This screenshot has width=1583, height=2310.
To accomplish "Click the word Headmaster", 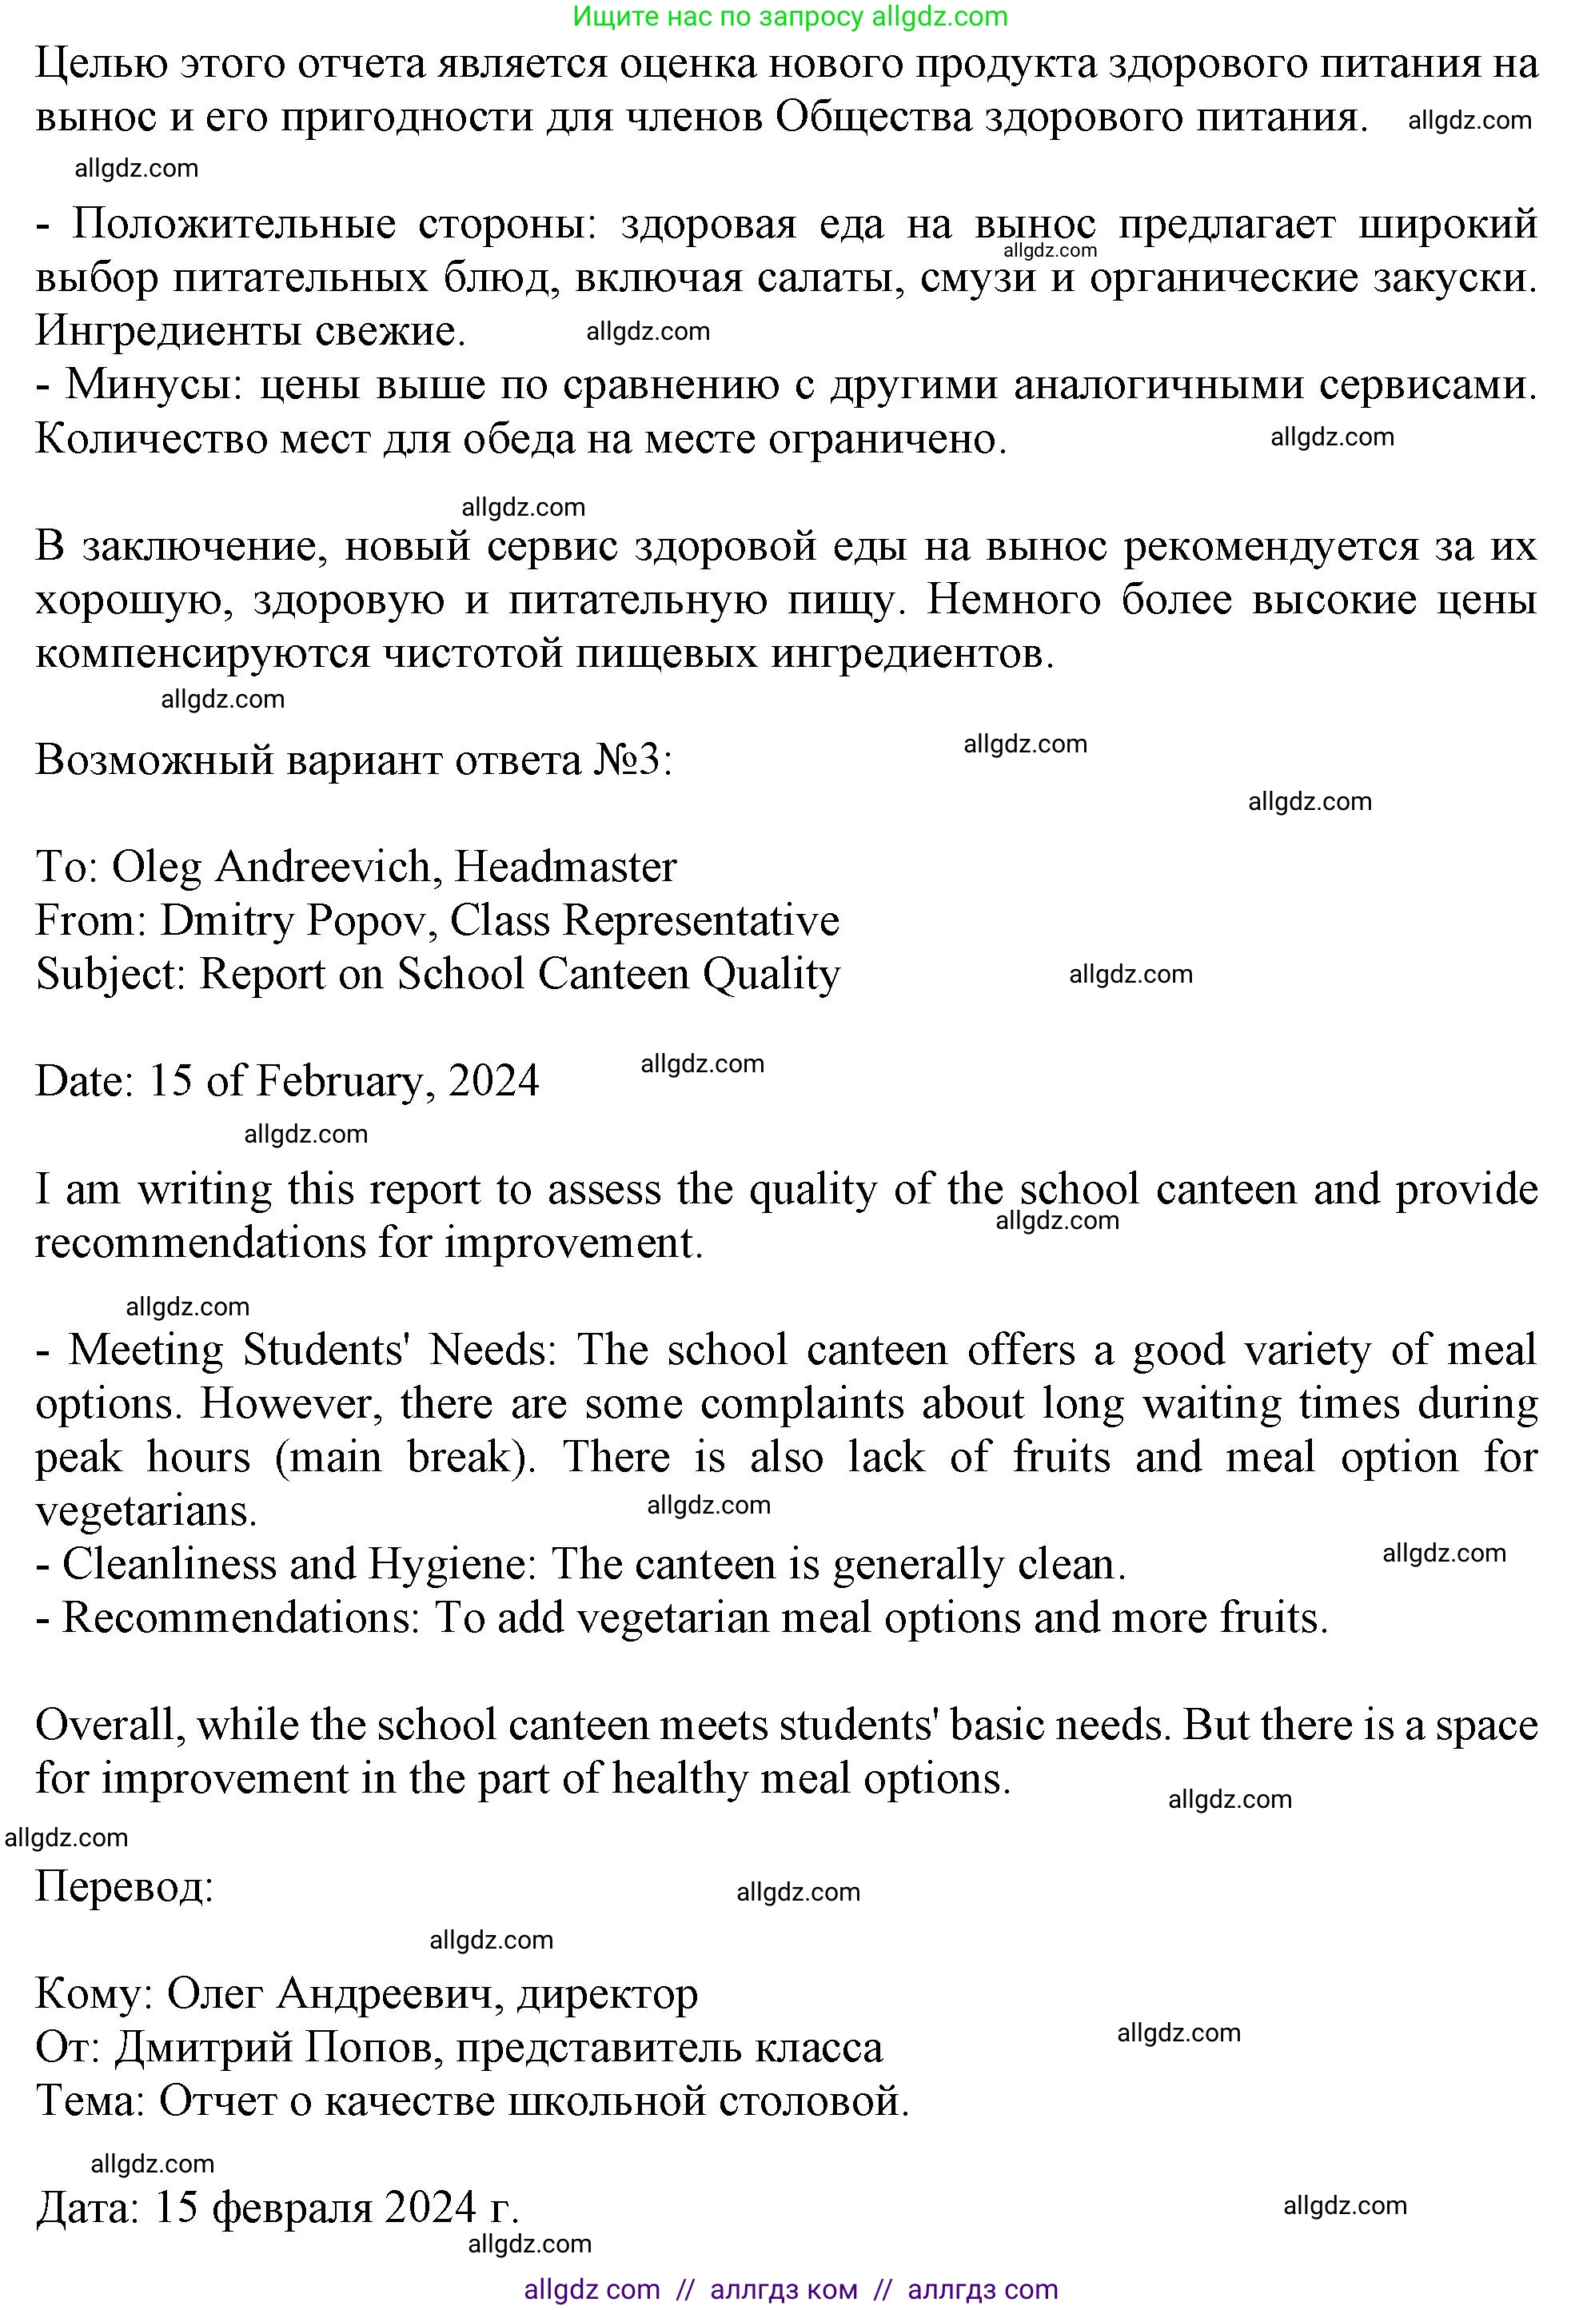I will click(x=565, y=867).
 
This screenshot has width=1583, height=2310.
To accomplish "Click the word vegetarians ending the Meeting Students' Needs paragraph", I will click(x=146, y=1512).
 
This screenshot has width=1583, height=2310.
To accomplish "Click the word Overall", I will click(x=110, y=1726).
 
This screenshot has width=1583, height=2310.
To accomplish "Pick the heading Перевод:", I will click(x=124, y=1886).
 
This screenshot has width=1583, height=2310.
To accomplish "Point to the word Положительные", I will click(x=233, y=224).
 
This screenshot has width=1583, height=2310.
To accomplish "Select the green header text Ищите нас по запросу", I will click(x=720, y=16).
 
